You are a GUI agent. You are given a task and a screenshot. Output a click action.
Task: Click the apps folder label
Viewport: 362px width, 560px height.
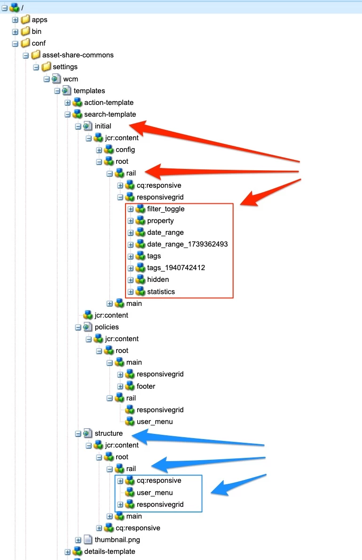tap(39, 20)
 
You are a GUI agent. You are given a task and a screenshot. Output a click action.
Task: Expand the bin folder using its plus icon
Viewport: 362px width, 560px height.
tap(15, 32)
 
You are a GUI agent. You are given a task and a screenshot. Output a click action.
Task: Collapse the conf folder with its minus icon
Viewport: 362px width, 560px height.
tap(15, 43)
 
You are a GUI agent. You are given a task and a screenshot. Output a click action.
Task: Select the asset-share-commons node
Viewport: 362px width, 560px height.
tap(78, 55)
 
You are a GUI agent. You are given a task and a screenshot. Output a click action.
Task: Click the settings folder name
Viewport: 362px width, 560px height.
tap(65, 67)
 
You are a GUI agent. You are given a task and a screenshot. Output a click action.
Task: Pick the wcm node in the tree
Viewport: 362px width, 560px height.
tap(71, 79)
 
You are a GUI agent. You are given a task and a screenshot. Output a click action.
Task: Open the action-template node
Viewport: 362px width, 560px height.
tap(109, 103)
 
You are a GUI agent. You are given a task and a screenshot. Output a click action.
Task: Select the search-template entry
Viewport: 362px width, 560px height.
tap(110, 114)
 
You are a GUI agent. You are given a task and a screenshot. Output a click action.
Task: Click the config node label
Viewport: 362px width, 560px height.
tap(125, 150)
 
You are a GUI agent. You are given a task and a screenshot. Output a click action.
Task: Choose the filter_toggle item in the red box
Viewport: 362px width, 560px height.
tap(165, 209)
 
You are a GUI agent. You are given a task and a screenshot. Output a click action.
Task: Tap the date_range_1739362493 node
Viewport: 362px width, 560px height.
tap(187, 244)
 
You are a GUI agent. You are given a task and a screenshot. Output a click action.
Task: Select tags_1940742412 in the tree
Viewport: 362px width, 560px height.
tap(176, 268)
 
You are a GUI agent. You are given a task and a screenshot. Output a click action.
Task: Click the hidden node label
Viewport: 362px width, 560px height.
tap(158, 280)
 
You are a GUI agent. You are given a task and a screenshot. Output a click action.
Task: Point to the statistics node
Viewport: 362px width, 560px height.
tap(161, 292)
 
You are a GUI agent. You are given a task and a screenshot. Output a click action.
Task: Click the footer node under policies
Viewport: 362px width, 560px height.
tap(146, 386)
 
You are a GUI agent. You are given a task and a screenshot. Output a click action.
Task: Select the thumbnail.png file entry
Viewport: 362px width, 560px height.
tap(117, 540)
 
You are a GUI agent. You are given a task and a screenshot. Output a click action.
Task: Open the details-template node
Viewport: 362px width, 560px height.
tap(110, 552)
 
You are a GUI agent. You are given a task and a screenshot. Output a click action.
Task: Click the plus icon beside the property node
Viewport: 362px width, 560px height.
tap(131, 221)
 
